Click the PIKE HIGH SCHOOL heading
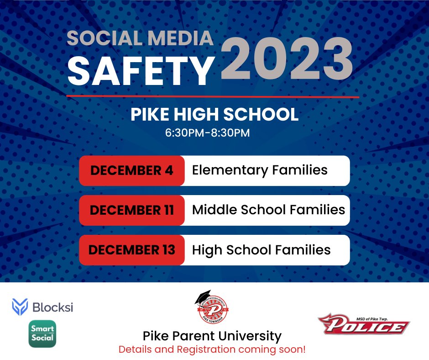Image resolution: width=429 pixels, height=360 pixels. [214, 114]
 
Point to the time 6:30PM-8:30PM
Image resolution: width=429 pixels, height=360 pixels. [208, 133]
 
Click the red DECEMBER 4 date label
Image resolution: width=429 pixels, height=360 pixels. [132, 170]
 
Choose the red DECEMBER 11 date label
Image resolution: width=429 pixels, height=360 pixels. [132, 210]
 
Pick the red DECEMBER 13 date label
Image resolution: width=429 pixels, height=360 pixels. [132, 250]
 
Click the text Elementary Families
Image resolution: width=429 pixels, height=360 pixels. [260, 170]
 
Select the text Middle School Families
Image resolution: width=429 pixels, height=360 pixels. [268, 210]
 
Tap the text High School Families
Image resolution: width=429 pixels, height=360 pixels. [261, 250]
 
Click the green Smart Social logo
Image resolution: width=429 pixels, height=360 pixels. [42, 334]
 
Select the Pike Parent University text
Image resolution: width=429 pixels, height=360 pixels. [212, 337]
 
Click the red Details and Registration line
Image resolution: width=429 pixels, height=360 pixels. [212, 350]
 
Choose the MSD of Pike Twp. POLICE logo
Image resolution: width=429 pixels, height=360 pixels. [363, 324]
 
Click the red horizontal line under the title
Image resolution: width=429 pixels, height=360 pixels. [212, 96]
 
